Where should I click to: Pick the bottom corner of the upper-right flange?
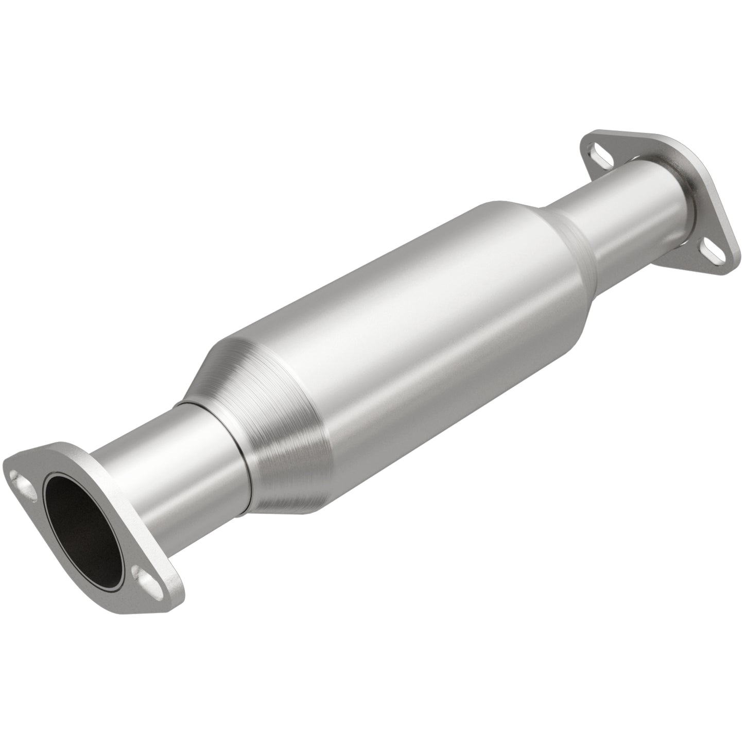pyautogui.click(x=731, y=268)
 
